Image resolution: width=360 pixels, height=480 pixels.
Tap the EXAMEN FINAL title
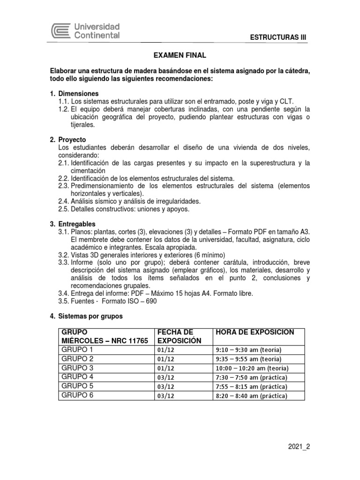(180, 55)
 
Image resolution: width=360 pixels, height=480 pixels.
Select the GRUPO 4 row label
(77, 377)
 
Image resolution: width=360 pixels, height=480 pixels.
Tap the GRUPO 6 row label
(77, 396)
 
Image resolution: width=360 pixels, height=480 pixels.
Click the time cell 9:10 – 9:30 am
(252, 350)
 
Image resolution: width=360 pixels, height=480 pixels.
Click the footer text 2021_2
(299, 447)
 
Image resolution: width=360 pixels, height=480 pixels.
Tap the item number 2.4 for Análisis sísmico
(64, 201)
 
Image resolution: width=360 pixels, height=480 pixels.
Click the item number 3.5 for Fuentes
(64, 301)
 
